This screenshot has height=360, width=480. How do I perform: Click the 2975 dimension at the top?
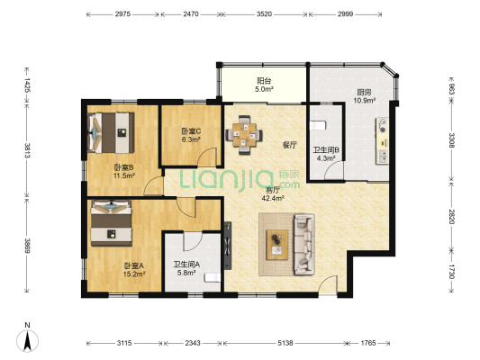click(122, 14)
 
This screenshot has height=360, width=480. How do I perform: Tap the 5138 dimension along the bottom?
click(285, 343)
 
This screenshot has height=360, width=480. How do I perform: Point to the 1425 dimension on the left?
click(27, 85)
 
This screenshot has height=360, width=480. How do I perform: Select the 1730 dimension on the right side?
click(451, 271)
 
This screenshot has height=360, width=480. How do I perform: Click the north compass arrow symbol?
click(28, 341)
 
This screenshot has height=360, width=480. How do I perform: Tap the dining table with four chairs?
click(244, 135)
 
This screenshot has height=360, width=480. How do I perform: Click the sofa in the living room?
click(304, 245)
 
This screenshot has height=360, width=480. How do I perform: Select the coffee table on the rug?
click(277, 245)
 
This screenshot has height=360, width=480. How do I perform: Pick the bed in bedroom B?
click(111, 132)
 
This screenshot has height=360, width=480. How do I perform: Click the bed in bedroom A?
click(112, 223)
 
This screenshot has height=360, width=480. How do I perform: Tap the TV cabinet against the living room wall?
click(228, 246)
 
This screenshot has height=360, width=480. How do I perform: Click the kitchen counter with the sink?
click(383, 140)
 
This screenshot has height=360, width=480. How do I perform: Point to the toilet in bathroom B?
click(318, 125)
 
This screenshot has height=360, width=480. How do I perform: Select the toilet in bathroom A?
click(213, 277)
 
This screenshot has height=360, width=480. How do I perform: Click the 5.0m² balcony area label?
click(265, 89)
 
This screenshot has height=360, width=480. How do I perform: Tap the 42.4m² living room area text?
click(273, 198)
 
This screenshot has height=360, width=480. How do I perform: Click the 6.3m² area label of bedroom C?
click(191, 139)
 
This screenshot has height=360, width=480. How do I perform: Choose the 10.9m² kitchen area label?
click(365, 100)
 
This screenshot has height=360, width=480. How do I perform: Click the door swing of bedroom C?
click(207, 157)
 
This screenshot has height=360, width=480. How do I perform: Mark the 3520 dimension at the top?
click(264, 14)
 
